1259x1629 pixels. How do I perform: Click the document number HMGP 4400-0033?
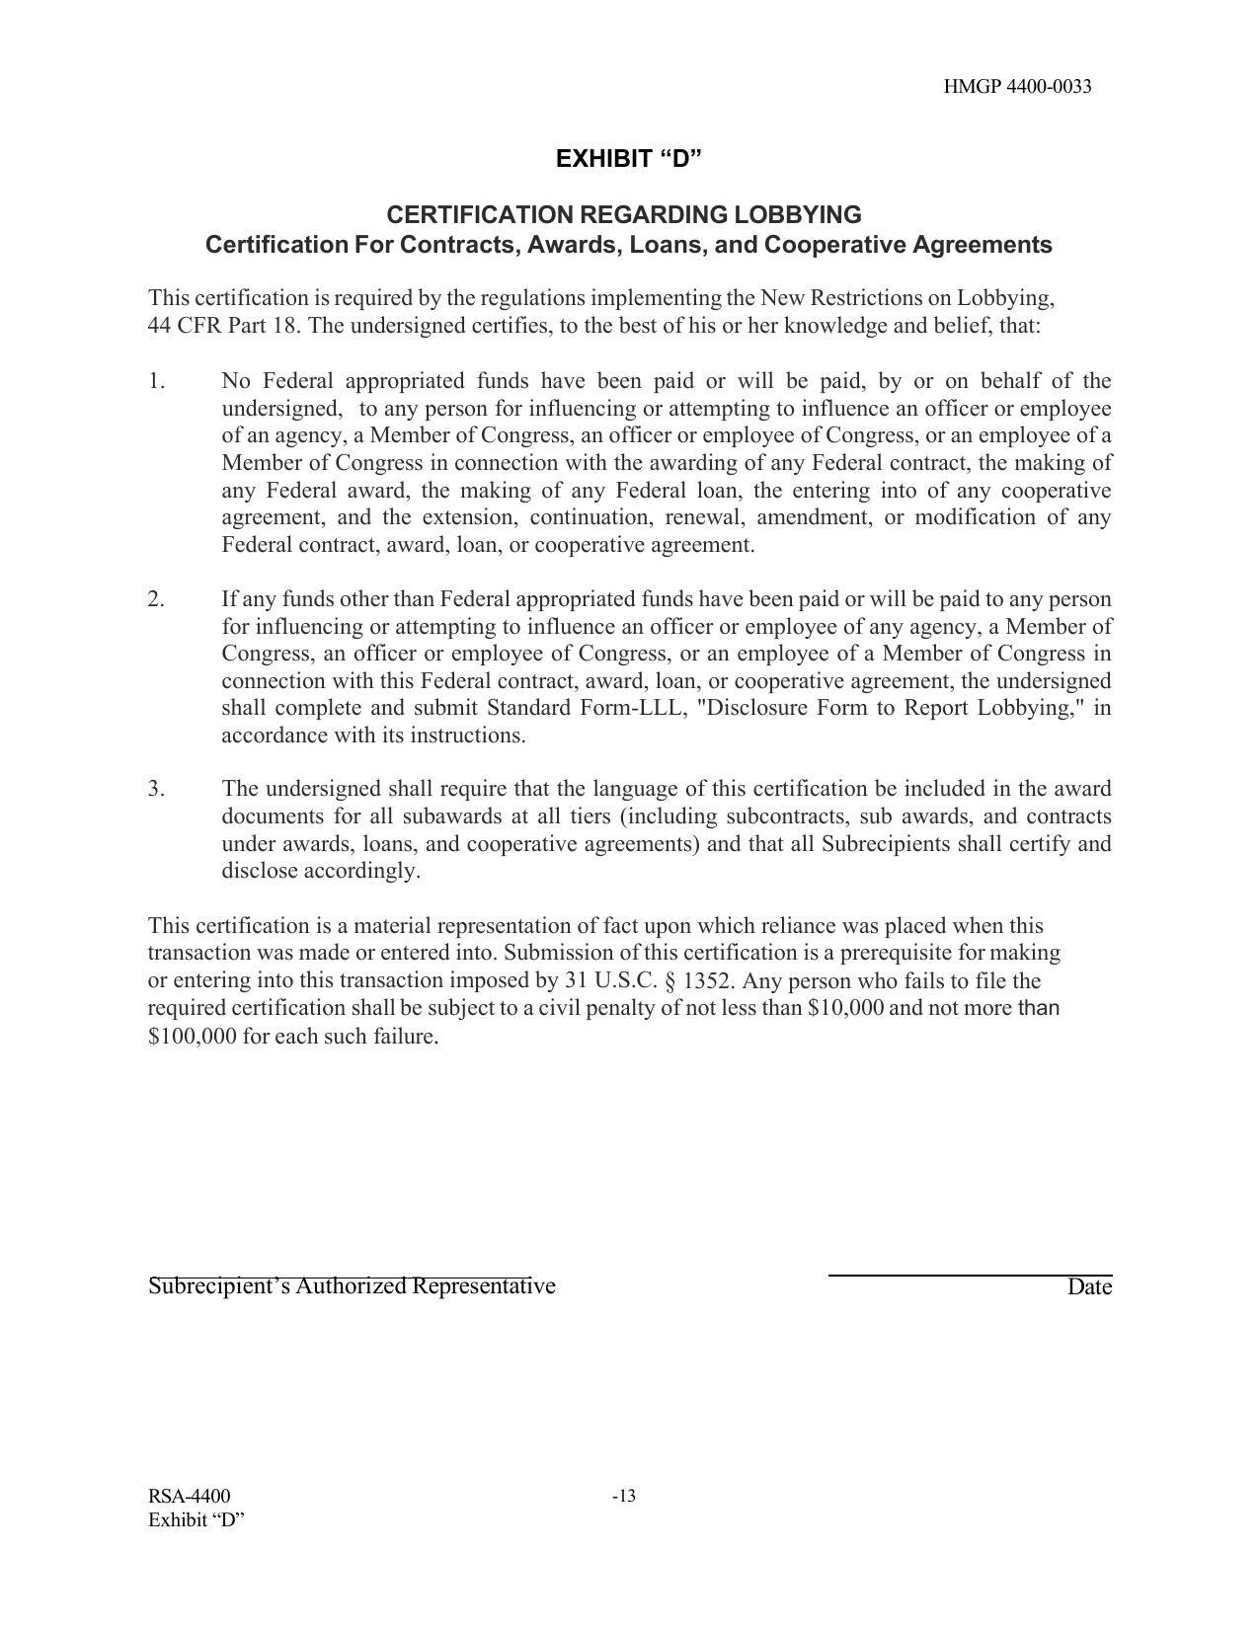[1017, 87]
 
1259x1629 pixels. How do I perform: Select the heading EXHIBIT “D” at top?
[628, 159]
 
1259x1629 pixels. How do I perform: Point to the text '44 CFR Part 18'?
[222, 326]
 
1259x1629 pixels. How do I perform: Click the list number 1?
[157, 381]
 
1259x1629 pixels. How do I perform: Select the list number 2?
[157, 599]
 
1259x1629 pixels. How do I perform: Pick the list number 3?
[157, 789]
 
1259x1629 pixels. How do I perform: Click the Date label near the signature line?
[1089, 1287]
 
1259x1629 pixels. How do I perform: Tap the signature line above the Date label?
[970, 1276]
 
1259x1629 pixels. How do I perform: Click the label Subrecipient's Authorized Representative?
[352, 1286]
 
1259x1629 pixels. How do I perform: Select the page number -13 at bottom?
[624, 1497]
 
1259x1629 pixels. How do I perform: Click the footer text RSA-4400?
[190, 1497]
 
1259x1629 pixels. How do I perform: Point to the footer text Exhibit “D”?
[197, 1520]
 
